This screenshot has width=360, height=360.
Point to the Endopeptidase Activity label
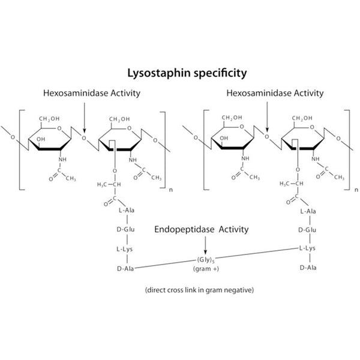(x=202, y=230)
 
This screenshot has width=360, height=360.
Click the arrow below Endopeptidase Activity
(x=205, y=245)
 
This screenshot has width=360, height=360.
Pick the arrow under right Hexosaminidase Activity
(x=268, y=117)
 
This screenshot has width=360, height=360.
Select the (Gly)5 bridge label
(x=206, y=260)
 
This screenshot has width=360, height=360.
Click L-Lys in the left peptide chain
(x=127, y=248)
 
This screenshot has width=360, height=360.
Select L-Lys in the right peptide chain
(x=308, y=247)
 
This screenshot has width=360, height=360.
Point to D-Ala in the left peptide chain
(x=127, y=268)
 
